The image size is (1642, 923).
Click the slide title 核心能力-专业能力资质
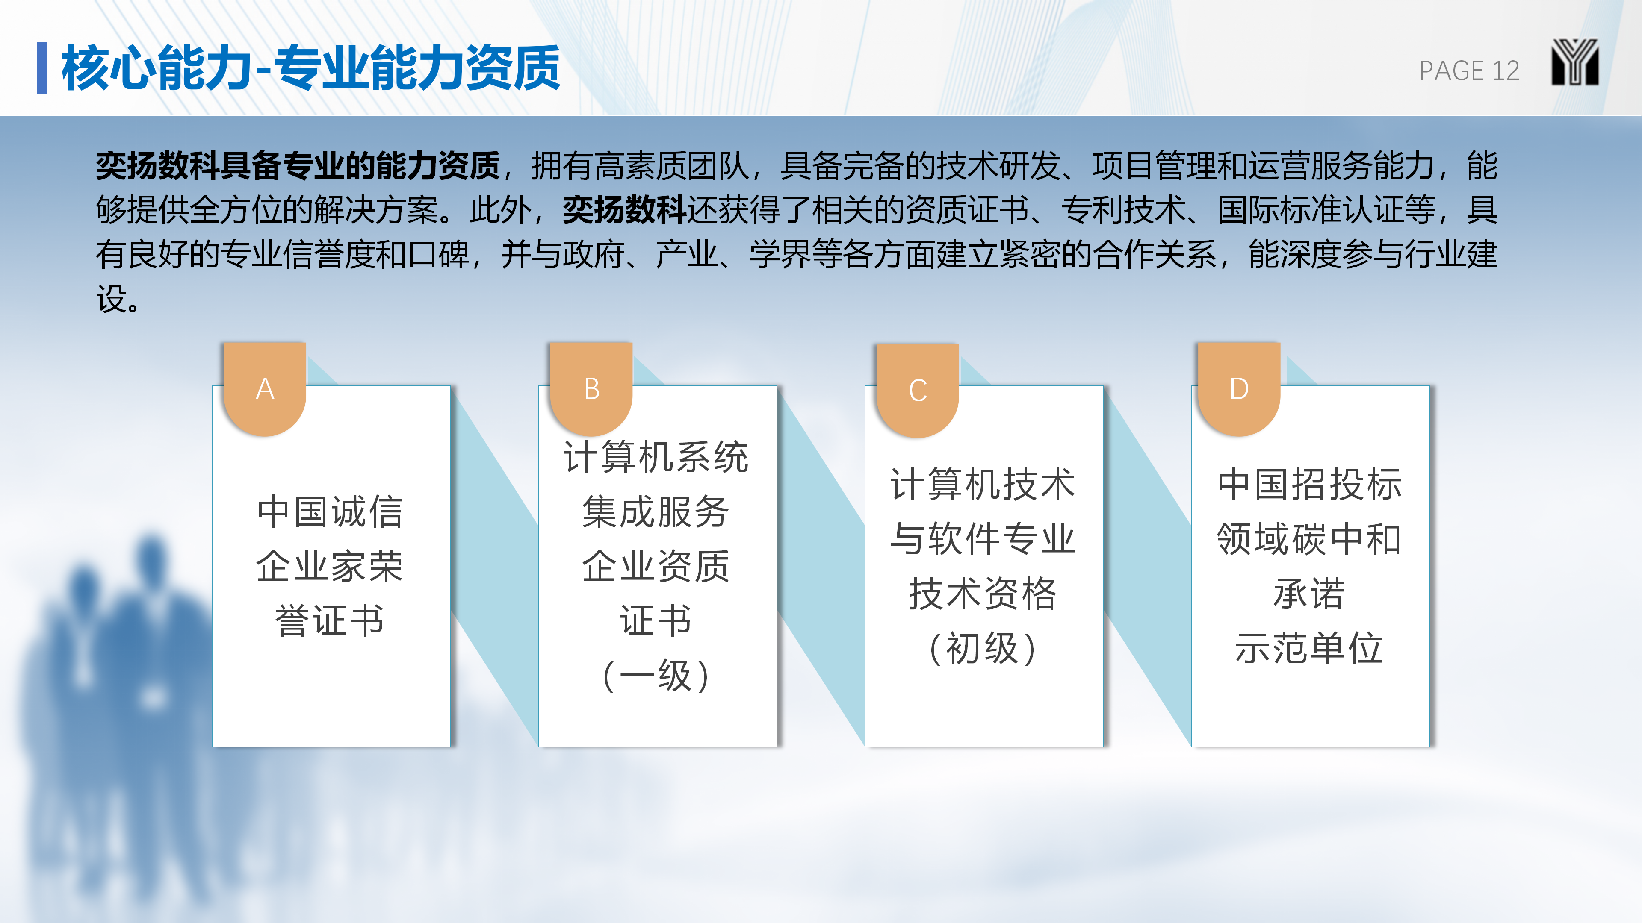pyautogui.click(x=310, y=68)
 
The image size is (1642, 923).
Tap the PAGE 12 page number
pyautogui.click(x=1469, y=71)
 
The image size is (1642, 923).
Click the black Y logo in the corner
pyautogui.click(x=1574, y=62)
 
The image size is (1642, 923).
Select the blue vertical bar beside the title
pyautogui.click(x=41, y=68)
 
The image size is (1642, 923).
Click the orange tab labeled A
pyautogui.click(x=265, y=388)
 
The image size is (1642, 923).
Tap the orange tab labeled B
pyautogui.click(x=591, y=388)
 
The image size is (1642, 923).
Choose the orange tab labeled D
pyautogui.click(x=1238, y=388)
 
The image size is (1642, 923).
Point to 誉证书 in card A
pyautogui.click(x=330, y=621)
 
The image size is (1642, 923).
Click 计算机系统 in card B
pyautogui.click(x=656, y=457)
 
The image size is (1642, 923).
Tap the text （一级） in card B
pyautogui.click(x=656, y=676)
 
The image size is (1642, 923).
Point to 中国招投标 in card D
pyautogui.click(x=1309, y=484)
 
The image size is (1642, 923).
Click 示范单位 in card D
pyautogui.click(x=1309, y=649)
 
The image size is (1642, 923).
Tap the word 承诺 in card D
pyautogui.click(x=1309, y=594)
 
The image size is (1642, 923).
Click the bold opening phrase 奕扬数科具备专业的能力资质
pyautogui.click(x=298, y=166)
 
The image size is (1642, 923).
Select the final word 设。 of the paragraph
pyautogui.click(x=118, y=299)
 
